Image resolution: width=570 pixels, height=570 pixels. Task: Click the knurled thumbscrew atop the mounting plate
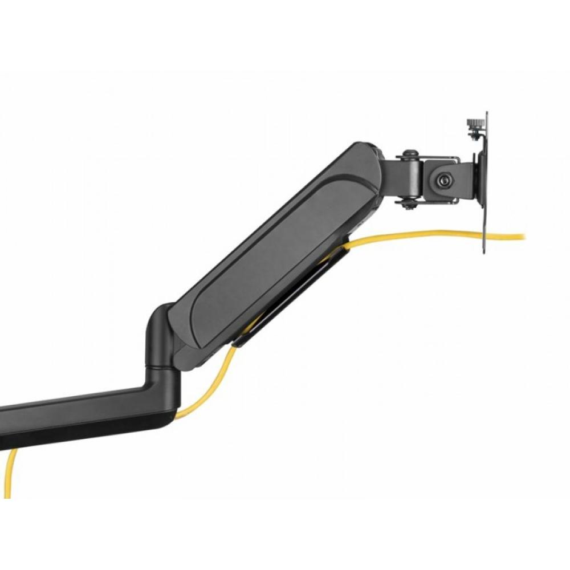coord(473,123)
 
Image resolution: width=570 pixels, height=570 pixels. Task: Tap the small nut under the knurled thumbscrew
coord(474,135)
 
